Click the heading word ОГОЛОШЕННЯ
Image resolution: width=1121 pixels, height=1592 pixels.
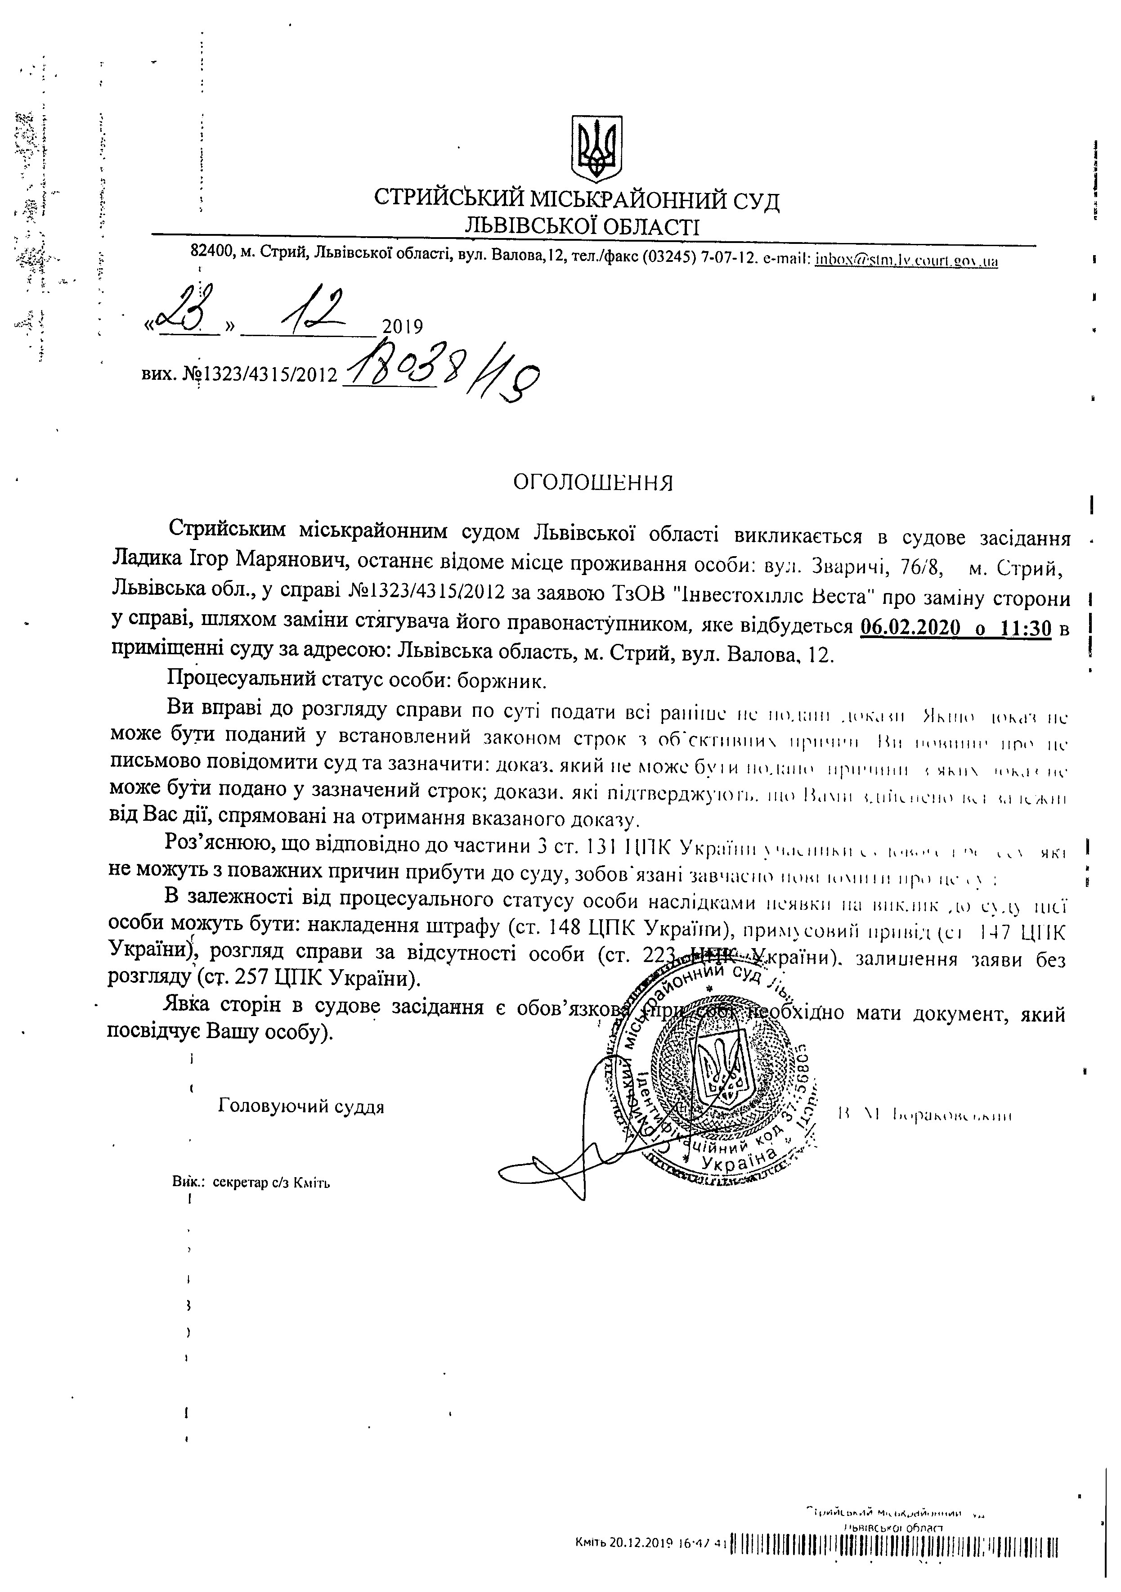[593, 482]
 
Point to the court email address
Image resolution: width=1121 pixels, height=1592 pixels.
[907, 261]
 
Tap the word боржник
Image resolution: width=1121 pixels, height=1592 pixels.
[502, 681]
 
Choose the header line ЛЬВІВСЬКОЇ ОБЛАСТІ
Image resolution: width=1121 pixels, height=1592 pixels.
[583, 225]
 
